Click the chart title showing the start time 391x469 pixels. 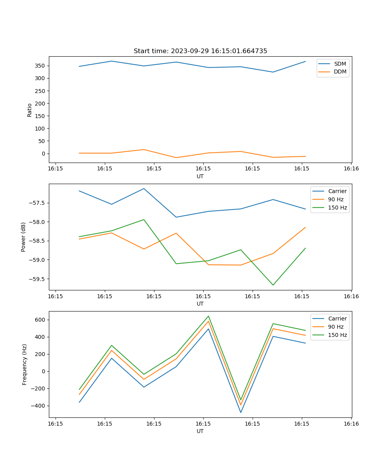(x=200, y=51)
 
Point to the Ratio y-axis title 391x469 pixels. (x=30, y=110)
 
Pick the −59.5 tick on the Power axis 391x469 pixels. (x=37, y=279)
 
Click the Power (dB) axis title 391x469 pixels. (x=23, y=237)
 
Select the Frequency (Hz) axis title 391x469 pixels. (x=25, y=364)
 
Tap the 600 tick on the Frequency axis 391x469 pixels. (x=41, y=320)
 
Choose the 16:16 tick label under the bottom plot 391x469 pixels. (x=351, y=424)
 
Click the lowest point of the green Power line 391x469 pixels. (x=273, y=285)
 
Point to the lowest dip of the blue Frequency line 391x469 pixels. (x=241, y=412)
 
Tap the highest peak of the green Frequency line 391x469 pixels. (x=208, y=316)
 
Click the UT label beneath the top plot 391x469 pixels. (x=200, y=176)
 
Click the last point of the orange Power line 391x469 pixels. (x=305, y=227)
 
